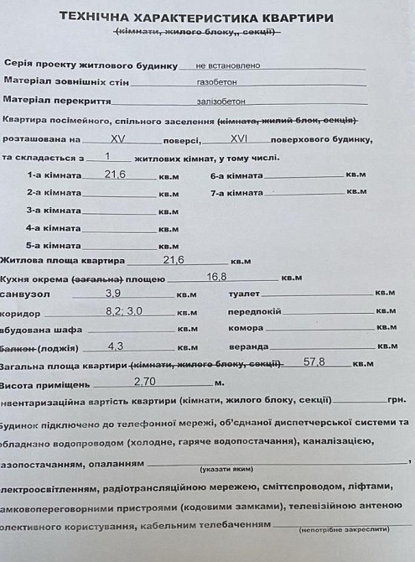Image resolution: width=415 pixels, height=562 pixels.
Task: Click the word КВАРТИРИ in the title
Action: click(x=284, y=18)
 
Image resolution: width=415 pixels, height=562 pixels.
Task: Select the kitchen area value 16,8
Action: click(x=217, y=276)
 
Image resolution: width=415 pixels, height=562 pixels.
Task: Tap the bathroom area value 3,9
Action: click(x=113, y=293)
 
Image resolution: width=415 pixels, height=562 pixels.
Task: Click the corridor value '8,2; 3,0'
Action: click(x=124, y=310)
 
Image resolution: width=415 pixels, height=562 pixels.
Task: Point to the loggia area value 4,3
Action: click(x=117, y=346)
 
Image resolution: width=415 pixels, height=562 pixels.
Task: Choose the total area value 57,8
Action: click(x=314, y=362)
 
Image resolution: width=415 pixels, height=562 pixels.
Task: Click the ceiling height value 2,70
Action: click(x=145, y=381)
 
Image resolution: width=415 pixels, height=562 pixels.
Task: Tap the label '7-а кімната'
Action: click(x=236, y=193)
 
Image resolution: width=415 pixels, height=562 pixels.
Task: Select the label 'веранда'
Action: click(x=248, y=346)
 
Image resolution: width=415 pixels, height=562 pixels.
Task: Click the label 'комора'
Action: click(x=246, y=328)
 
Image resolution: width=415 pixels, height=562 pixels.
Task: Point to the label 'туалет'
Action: click(x=244, y=294)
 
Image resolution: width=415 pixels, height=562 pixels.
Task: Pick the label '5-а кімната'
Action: click(x=54, y=245)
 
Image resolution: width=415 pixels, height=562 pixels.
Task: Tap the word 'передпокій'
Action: click(x=254, y=311)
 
